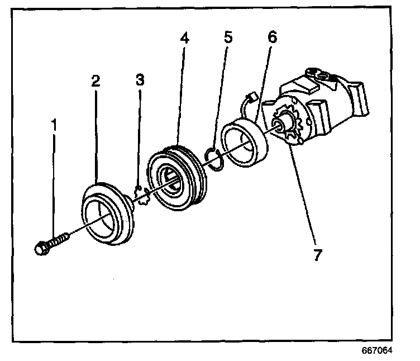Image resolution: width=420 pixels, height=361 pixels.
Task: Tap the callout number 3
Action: [x=140, y=80]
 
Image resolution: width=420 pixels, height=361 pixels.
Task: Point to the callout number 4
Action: [x=185, y=39]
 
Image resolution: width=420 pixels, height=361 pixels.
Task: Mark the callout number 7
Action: [x=317, y=255]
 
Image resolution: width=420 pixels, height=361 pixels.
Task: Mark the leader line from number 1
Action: [x=54, y=184]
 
